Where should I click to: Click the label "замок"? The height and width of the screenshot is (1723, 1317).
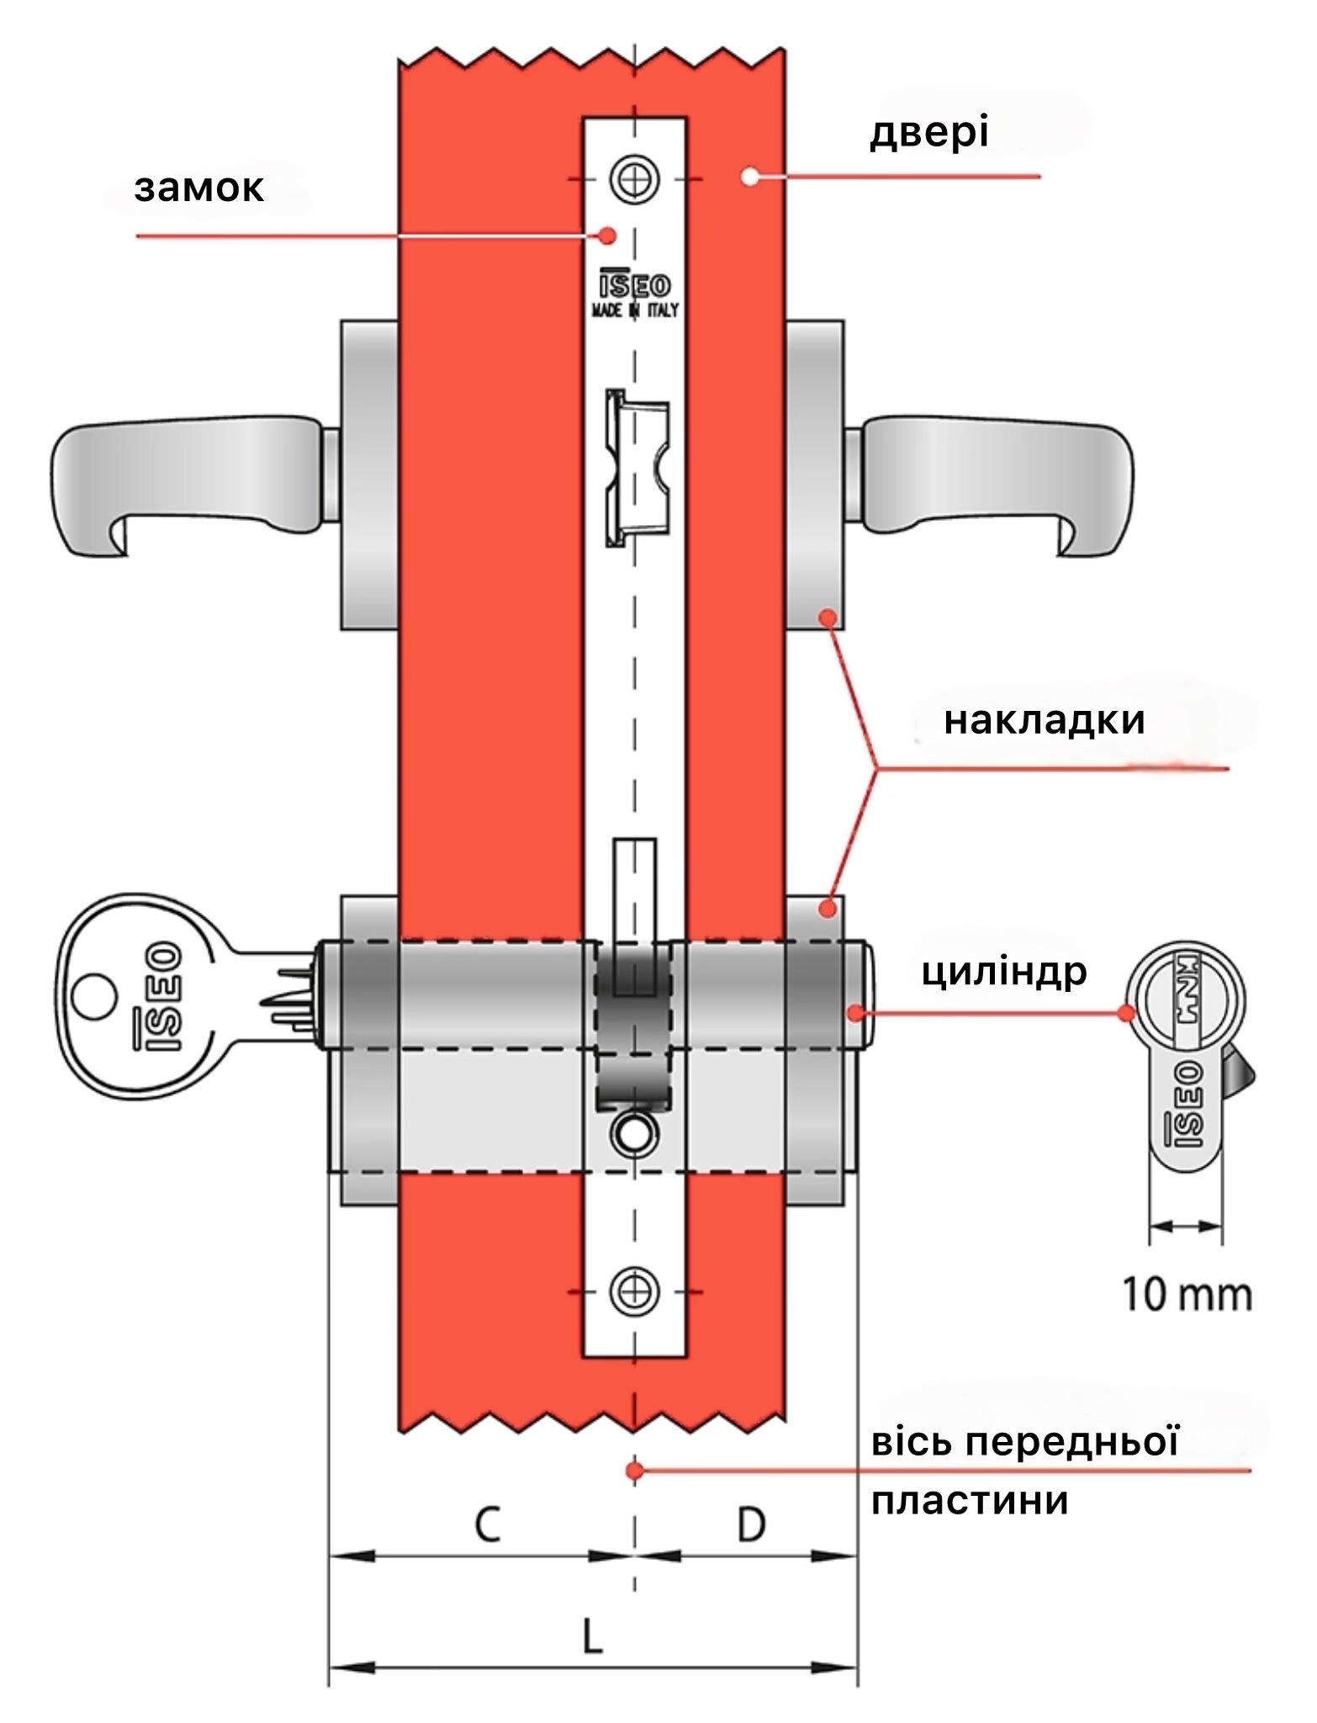coord(198,188)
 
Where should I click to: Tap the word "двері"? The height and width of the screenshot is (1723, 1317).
coord(929,133)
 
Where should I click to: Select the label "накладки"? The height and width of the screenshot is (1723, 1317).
coord(1045,721)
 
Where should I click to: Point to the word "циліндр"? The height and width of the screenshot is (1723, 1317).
coord(1005,973)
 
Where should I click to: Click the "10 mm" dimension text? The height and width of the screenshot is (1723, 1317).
coord(1187,1294)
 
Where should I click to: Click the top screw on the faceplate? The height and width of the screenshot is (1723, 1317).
coord(635,179)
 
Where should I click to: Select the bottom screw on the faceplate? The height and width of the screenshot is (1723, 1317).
coord(635,1291)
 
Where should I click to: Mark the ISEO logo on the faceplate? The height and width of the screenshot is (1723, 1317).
coord(635,285)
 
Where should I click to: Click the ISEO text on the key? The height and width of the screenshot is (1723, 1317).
coord(157,997)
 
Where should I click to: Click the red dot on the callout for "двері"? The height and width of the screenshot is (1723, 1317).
coord(748,177)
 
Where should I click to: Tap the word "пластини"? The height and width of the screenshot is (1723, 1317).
coord(970,1500)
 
